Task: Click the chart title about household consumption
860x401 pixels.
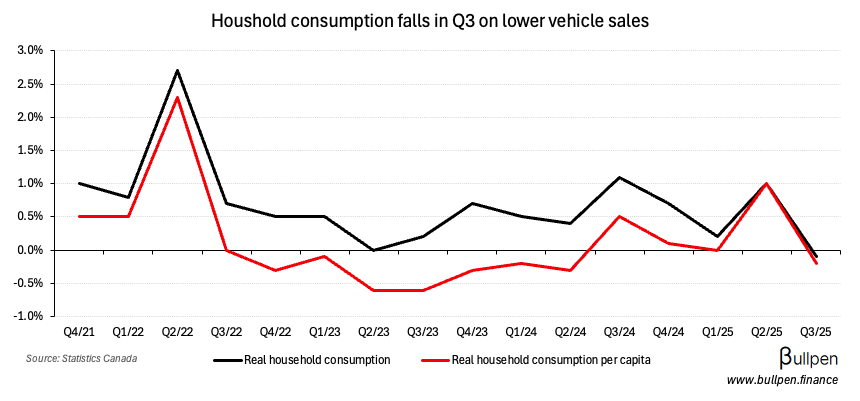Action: tap(430, 19)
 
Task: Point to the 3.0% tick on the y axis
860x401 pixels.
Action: tap(29, 50)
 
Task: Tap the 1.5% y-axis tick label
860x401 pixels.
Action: tap(29, 150)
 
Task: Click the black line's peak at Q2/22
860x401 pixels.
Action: tap(177, 70)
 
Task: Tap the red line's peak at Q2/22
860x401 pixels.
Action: tap(177, 97)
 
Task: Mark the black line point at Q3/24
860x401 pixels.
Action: tap(619, 177)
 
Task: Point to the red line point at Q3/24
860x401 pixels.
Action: tap(619, 216)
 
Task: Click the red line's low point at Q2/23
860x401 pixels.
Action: tap(374, 290)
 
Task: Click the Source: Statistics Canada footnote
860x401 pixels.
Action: tap(82, 357)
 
